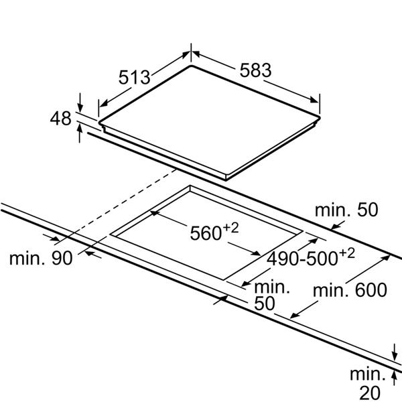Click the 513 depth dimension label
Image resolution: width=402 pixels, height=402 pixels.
point(134,77)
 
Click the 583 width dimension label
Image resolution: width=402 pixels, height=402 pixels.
point(255,70)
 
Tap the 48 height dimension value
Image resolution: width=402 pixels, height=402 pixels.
point(60,118)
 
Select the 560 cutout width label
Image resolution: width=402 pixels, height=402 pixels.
point(206,233)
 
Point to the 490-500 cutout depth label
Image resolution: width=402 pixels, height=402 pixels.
point(302,259)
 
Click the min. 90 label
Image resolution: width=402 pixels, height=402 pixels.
point(41,258)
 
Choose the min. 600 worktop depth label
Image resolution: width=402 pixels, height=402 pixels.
point(350,290)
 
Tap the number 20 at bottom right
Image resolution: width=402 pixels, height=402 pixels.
point(370,393)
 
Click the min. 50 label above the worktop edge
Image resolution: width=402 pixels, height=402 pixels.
point(346,210)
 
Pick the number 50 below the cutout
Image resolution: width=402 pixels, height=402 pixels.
point(265,304)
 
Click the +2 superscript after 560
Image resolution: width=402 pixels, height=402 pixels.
point(230,228)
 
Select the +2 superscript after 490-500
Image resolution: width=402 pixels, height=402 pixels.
point(347,253)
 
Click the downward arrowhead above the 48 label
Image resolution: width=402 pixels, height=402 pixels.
point(80,108)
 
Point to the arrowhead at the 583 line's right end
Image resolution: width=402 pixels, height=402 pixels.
point(314,99)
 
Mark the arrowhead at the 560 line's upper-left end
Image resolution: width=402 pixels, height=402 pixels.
point(155,213)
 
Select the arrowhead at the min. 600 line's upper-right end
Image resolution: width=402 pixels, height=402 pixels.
point(385,258)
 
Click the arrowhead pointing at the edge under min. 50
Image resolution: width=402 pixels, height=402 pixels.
point(335,226)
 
